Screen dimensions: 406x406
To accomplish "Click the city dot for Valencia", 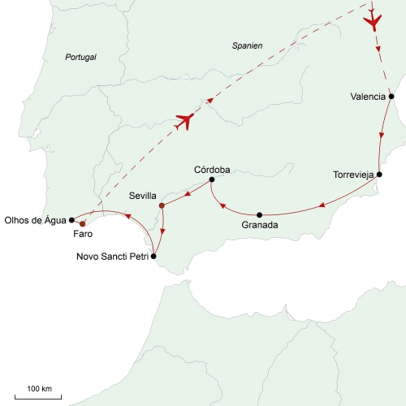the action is [x=391, y=97].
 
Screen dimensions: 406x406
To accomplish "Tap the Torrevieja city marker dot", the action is [x=379, y=175].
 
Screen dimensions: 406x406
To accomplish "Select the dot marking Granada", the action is [x=259, y=215].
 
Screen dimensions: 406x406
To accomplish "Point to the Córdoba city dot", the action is [x=212, y=179].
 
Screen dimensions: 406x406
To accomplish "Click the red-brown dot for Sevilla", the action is [x=162, y=205].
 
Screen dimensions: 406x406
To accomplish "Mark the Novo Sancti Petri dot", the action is [x=153, y=257].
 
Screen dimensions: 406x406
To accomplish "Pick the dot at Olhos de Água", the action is [x=71, y=220].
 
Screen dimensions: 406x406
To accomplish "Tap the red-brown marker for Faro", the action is [x=83, y=224].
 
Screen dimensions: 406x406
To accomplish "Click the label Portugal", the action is [x=80, y=57].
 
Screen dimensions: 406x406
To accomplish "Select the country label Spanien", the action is [x=247, y=45].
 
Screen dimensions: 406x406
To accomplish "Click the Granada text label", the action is [x=260, y=225].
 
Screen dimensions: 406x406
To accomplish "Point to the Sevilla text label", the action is [x=143, y=196].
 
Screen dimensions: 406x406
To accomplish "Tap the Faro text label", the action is [x=83, y=234].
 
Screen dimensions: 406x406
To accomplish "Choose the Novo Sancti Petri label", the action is [x=113, y=257].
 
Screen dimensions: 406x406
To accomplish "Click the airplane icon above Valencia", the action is [x=373, y=22].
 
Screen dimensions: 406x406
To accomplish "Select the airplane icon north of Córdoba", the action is [x=185, y=121].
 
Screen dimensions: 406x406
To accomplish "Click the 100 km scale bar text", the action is [x=40, y=389].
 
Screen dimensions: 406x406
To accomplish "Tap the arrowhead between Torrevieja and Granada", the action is [x=322, y=205].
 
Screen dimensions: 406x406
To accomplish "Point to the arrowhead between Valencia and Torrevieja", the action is [x=382, y=136].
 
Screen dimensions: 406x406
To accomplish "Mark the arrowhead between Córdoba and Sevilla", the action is [x=188, y=193].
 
